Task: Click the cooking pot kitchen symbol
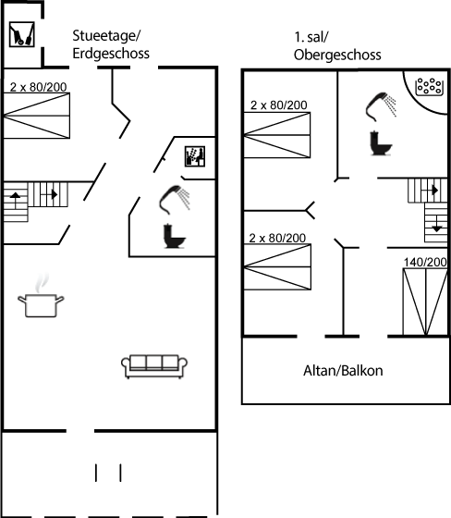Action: coord(41,302)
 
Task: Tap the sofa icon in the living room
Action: coord(154,366)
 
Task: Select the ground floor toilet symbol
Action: coord(175,236)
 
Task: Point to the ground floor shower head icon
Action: coord(174,199)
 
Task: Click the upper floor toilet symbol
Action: coord(381,143)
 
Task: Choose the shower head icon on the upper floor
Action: coord(381,105)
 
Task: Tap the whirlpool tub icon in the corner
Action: coord(429,86)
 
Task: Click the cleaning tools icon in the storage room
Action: coord(22,34)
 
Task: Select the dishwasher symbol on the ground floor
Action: coord(195,156)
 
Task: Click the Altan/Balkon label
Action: coord(343,371)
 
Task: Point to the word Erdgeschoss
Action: coord(111,54)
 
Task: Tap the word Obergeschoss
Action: coord(337,55)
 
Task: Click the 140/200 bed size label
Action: coord(425,262)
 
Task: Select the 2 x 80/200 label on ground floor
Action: coord(38,87)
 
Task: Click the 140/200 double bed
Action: coord(425,302)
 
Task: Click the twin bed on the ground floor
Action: coord(37,116)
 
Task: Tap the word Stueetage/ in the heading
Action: coord(106,36)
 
